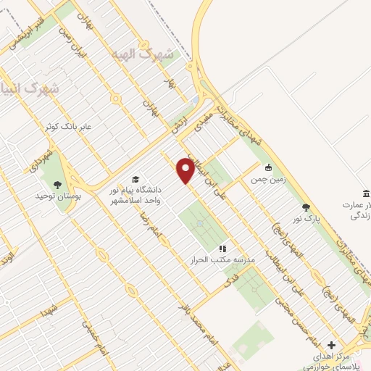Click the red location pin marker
(x=185, y=170)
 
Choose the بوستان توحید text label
(x=59, y=196)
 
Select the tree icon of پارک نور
(x=307, y=207)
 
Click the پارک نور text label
(x=307, y=218)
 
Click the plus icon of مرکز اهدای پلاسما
(x=332, y=345)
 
